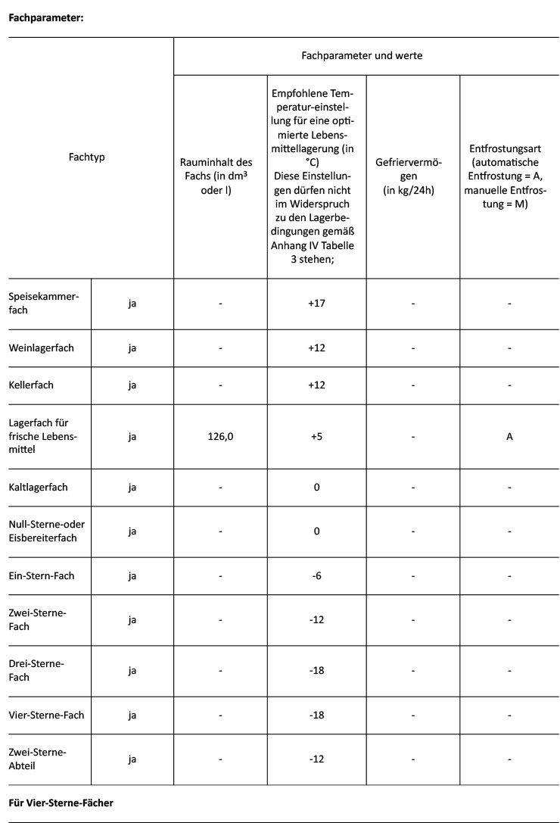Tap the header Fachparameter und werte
point(362,56)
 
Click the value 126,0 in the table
point(219,437)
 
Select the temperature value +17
point(316,304)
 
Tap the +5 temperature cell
point(316,437)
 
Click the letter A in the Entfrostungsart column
point(509,437)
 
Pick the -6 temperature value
point(316,576)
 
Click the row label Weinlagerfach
point(42,349)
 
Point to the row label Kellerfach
point(31,385)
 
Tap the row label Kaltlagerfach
point(38,487)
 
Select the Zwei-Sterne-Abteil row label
point(38,758)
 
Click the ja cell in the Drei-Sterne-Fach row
point(132,671)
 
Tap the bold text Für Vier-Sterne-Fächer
point(61,803)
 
